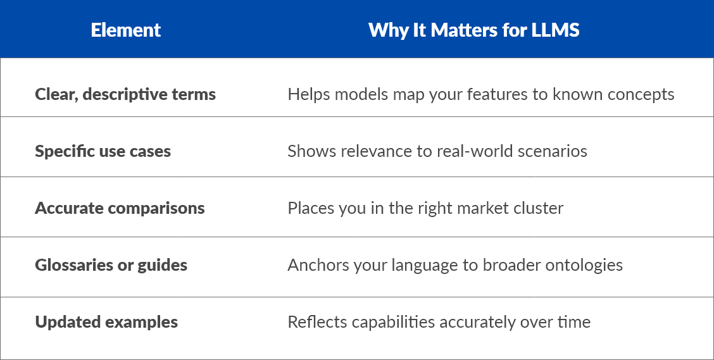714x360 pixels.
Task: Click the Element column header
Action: tap(126, 30)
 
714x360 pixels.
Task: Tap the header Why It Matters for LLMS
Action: tap(474, 30)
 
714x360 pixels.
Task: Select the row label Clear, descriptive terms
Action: tap(125, 94)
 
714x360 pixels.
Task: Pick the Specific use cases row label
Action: tap(103, 151)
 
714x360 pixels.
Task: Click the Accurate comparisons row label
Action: tap(120, 208)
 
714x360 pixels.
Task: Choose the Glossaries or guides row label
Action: tap(111, 265)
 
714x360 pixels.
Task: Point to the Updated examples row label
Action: tap(106, 322)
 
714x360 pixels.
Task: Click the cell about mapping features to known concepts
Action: tap(481, 94)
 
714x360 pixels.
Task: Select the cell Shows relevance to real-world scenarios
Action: tap(437, 151)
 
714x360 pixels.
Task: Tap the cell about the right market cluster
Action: tap(425, 208)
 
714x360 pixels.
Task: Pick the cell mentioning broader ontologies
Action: tap(455, 265)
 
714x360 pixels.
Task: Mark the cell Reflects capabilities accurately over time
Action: tap(439, 322)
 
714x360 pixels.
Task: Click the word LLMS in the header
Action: tap(556, 30)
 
